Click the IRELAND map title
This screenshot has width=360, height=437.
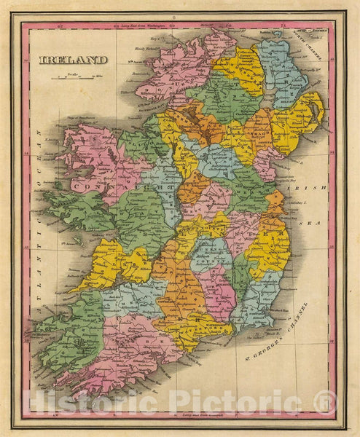[x=73, y=60]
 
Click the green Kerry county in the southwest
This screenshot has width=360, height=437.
[x=69, y=328]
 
